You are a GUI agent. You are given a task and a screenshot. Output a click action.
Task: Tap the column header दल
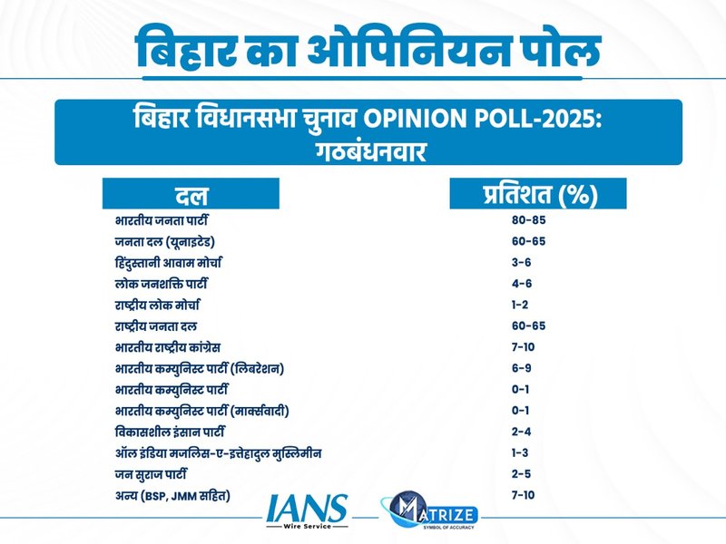click(191, 194)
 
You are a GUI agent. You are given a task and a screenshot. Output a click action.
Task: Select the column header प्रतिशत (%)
click(539, 194)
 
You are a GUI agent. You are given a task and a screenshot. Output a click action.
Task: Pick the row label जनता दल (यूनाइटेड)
click(165, 242)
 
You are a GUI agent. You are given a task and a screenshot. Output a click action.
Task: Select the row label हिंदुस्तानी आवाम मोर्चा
click(169, 263)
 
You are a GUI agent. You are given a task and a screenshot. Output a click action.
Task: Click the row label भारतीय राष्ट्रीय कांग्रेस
click(169, 346)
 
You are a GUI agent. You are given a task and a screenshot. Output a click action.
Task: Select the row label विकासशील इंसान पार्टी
click(171, 431)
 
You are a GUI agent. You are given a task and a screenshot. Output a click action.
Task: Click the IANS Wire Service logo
click(306, 512)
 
